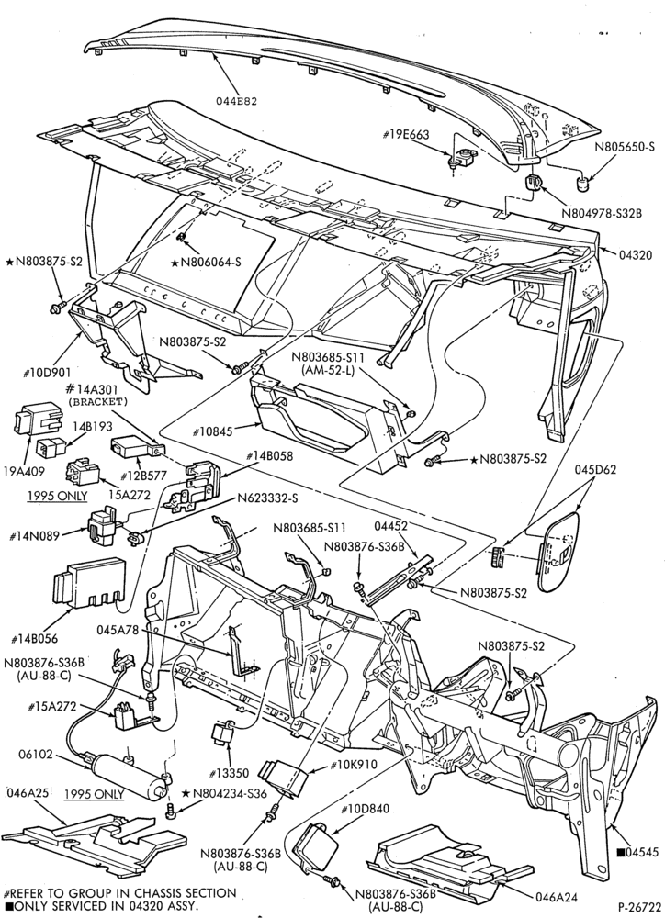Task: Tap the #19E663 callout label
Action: tap(406, 135)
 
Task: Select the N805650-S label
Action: tap(625, 148)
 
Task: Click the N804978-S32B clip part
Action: tap(533, 183)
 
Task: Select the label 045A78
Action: tap(118, 630)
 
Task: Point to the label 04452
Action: tap(390, 526)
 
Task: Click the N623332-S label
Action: tap(268, 498)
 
